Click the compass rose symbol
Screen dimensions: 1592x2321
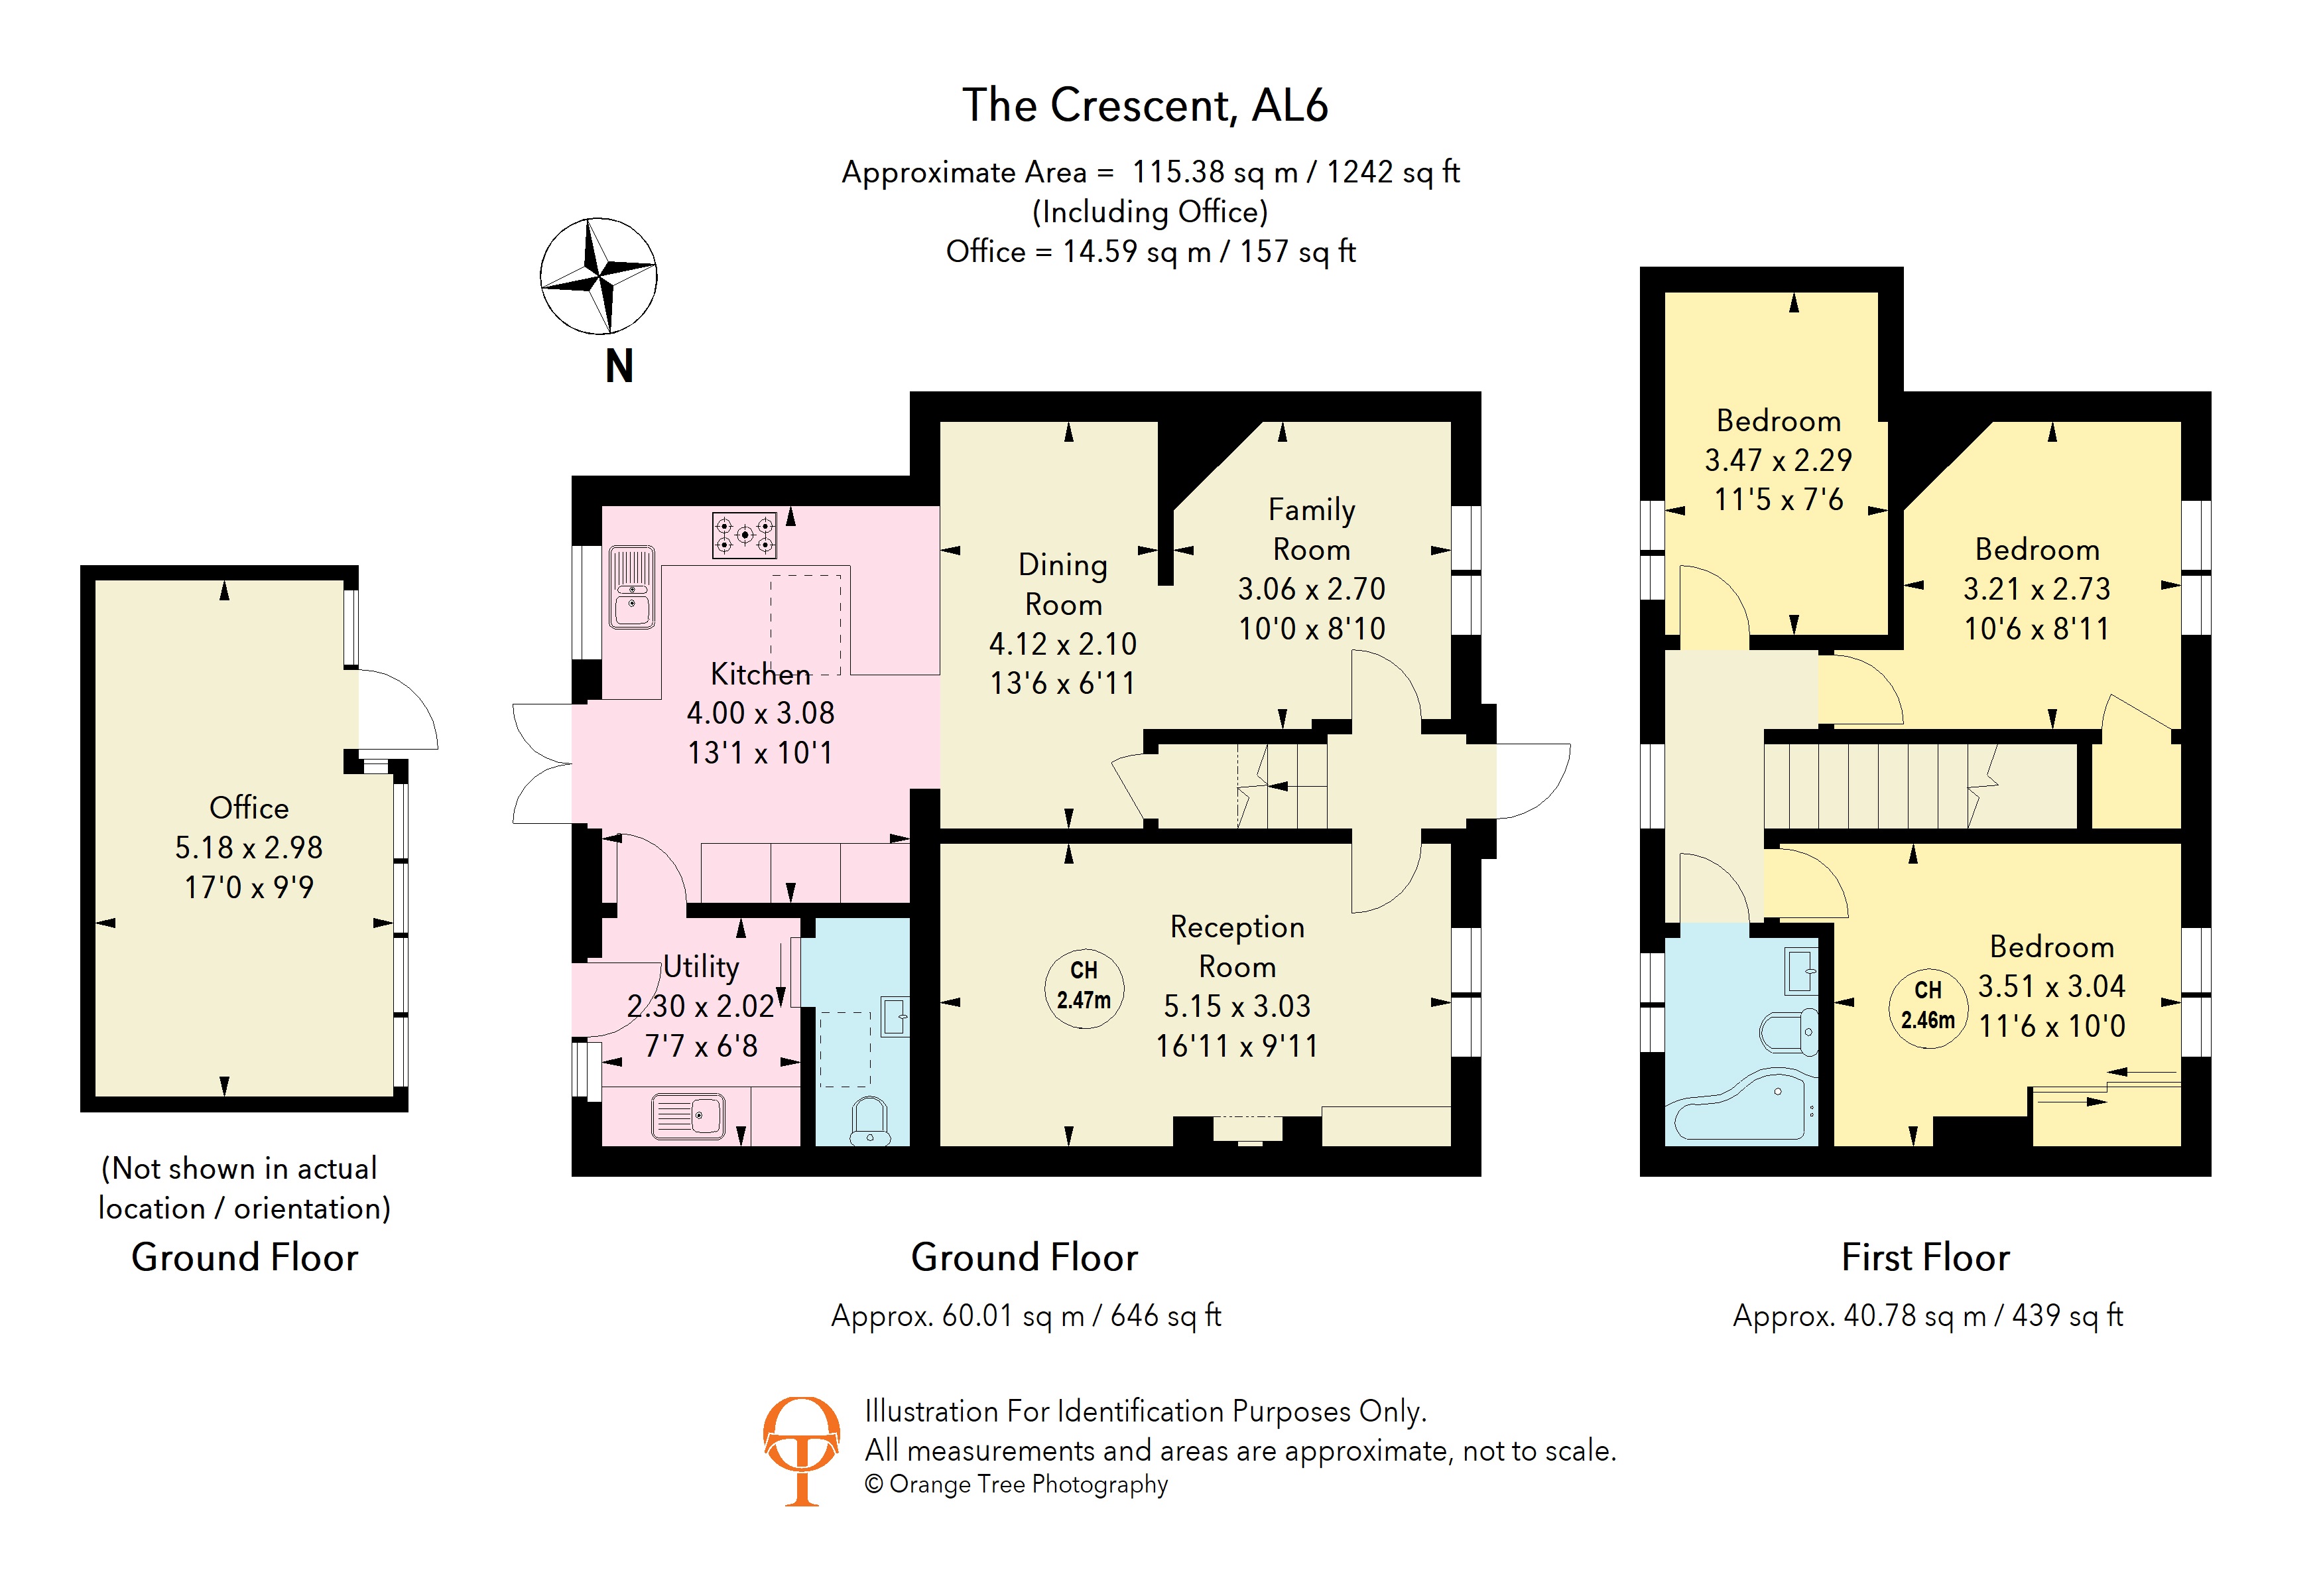[598, 276]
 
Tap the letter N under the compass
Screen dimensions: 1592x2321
[619, 367]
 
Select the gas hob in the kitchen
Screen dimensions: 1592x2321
[744, 535]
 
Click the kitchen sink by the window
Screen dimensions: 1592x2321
[631, 587]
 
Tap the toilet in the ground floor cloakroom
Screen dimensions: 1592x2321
[870, 1120]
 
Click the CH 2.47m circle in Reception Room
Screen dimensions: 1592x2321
[1084, 985]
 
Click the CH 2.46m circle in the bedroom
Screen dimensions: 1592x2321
[1928, 1005]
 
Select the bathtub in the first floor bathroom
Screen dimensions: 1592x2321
[1742, 1106]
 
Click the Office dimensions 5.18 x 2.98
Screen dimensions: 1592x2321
[249, 847]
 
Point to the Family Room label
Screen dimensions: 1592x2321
[1311, 529]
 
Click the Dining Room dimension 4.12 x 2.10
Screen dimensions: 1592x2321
[1062, 644]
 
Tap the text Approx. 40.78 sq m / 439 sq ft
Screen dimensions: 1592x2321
[1928, 1315]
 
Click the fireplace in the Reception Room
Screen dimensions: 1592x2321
[1247, 1128]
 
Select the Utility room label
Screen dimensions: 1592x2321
[701, 966]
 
